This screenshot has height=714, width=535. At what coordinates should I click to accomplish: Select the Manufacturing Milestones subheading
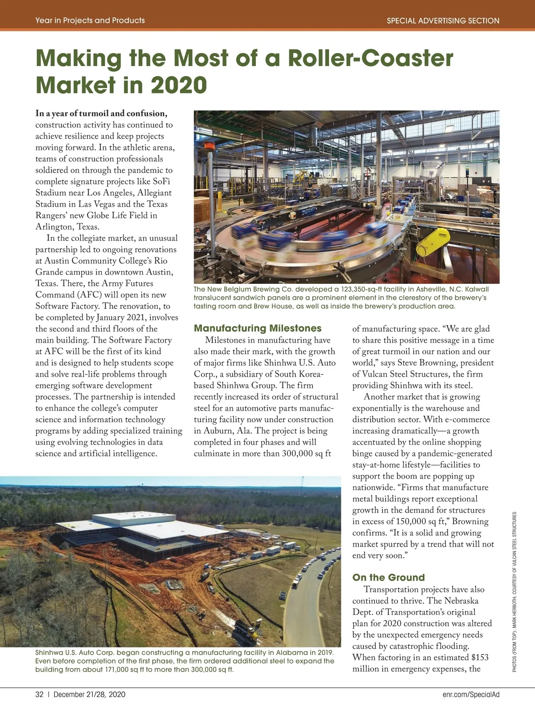tap(258, 328)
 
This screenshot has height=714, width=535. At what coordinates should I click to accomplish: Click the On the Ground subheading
tap(388, 577)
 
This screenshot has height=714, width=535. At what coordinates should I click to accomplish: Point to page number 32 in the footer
tap(39, 694)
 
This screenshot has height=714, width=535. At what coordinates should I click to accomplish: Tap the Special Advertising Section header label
tap(443, 21)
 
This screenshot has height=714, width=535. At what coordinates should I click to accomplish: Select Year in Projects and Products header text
tap(90, 21)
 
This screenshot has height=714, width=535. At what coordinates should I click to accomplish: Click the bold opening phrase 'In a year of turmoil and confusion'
tap(101, 113)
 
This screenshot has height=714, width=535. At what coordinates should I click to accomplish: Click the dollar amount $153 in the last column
tap(480, 657)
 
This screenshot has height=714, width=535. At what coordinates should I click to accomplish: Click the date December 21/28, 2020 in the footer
tap(89, 694)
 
